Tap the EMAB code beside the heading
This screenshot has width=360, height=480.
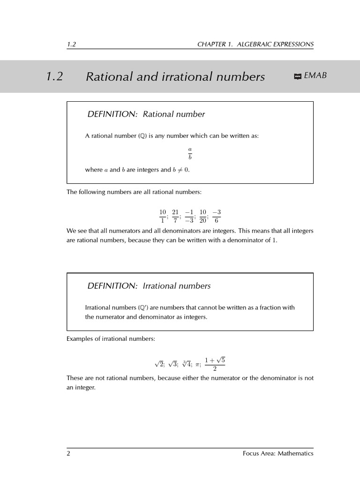[315, 75]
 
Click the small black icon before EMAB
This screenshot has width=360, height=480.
[297, 76]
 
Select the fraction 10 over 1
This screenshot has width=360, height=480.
[163, 216]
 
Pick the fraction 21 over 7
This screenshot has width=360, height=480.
[175, 216]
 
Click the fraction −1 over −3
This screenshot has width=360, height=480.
[189, 216]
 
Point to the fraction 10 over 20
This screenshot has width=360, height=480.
[202, 216]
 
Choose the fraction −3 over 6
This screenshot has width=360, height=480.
[216, 216]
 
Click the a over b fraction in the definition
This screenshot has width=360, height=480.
[190, 153]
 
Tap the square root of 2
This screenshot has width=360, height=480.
[159, 364]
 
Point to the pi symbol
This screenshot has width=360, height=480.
[198, 365]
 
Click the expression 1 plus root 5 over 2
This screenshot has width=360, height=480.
[215, 364]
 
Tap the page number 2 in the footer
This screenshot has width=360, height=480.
[68, 453]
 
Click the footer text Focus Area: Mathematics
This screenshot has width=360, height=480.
[278, 453]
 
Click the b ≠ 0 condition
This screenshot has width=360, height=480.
[181, 170]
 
